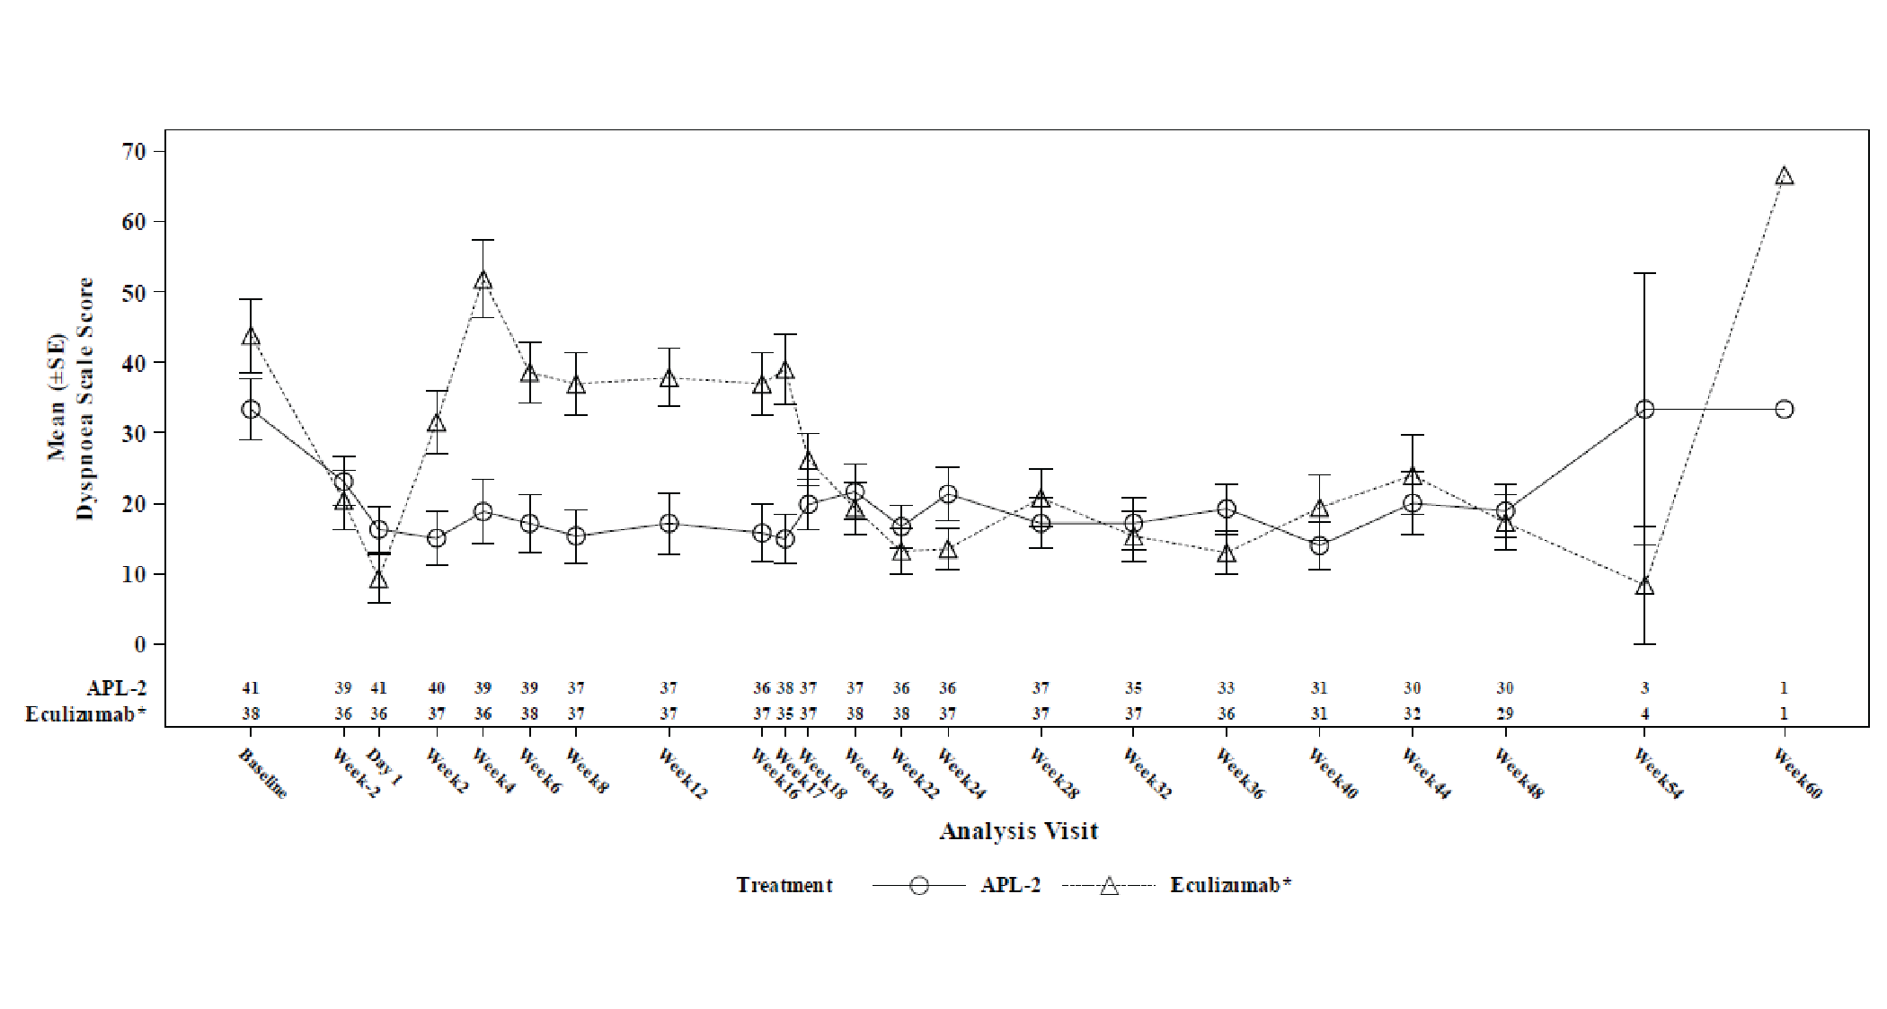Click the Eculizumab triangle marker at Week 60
click(x=1785, y=176)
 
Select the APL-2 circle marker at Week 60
click(x=1785, y=410)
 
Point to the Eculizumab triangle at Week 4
click(x=483, y=280)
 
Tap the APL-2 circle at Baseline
click(x=251, y=410)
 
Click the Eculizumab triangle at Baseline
click(x=251, y=337)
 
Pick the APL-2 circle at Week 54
click(x=1644, y=410)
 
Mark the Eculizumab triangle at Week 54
click(x=1644, y=586)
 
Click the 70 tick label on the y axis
click(x=134, y=151)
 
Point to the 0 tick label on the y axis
click(x=139, y=644)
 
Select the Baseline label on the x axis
click(x=263, y=774)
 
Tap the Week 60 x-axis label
click(x=1797, y=774)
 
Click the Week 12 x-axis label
click(x=682, y=774)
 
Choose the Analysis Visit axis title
click(x=1018, y=831)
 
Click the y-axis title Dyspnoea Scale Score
click(x=85, y=398)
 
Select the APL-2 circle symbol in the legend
click(x=918, y=885)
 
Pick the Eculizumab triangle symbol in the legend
click(x=1110, y=886)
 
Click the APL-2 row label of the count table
click(x=117, y=688)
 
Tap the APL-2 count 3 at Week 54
click(x=1644, y=688)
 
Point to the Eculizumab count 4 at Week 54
click(x=1644, y=713)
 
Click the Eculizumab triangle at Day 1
click(x=379, y=580)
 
